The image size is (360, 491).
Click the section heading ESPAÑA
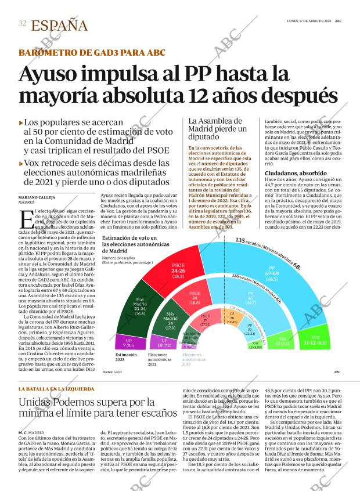59,26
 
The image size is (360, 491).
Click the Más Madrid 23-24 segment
139,306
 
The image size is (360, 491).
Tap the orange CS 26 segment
231,316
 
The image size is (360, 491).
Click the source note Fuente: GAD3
112,372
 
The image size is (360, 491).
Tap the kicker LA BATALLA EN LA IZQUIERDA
56,388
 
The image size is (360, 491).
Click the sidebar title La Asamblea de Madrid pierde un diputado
218,129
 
